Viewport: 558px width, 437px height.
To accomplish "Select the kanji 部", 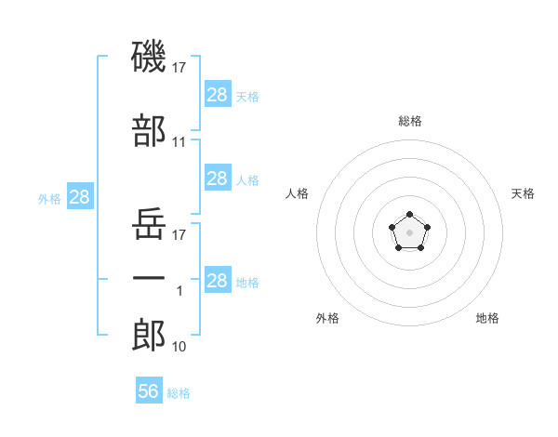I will (150, 131).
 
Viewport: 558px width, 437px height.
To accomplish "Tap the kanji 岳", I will (150, 224).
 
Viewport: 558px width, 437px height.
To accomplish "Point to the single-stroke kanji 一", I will (150, 280).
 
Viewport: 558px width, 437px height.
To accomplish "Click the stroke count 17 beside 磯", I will (179, 67).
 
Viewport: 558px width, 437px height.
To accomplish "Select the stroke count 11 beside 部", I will (179, 142).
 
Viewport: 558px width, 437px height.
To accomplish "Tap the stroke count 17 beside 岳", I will (179, 235).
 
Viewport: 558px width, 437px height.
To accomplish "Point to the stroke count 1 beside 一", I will (179, 291).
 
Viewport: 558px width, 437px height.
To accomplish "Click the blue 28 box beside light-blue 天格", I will (217, 94).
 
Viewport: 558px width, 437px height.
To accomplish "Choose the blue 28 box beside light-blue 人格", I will (217, 179).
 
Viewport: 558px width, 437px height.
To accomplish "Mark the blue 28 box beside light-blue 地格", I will (217, 281).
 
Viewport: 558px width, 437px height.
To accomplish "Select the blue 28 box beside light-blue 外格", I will (79, 197).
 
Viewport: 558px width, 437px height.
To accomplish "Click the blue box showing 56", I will (148, 391).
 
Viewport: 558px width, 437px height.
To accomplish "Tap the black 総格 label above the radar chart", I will (410, 121).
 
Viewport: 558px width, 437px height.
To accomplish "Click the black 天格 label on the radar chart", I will (524, 193).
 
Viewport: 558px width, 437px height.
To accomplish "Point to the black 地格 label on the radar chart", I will (487, 318).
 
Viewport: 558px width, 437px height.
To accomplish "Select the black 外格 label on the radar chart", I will (327, 318).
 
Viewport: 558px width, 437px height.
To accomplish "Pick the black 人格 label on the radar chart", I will (298, 193).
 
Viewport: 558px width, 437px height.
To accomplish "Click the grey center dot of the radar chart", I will (409, 232).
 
